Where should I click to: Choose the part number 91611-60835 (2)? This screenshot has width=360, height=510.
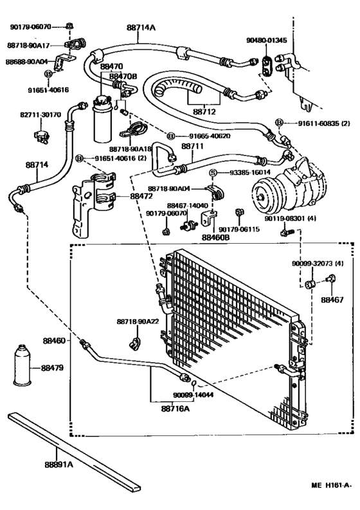[325, 123]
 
